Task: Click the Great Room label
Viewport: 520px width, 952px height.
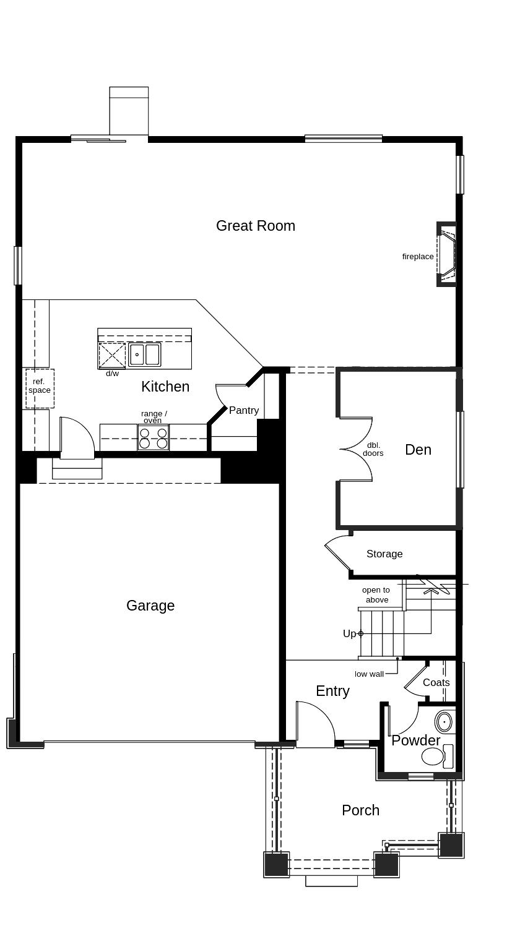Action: point(255,226)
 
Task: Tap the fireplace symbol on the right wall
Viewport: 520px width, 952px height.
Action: point(446,254)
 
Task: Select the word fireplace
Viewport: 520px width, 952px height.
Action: point(418,257)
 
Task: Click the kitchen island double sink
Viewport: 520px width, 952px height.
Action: point(144,355)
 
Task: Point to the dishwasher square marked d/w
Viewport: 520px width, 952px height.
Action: point(112,356)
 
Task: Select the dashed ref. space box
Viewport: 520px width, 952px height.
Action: point(40,388)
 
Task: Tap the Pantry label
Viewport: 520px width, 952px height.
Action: point(244,410)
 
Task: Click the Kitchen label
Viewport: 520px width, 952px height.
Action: point(165,387)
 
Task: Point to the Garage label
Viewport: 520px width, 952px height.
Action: point(150,606)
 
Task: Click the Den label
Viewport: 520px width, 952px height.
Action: point(418,450)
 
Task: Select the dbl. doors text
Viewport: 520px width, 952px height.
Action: point(373,449)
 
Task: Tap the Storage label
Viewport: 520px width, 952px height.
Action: point(384,554)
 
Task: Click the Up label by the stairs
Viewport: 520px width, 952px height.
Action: point(350,633)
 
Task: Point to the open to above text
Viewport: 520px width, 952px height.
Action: point(376,594)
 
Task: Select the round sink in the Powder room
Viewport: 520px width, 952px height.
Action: point(444,722)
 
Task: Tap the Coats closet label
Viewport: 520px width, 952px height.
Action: point(436,682)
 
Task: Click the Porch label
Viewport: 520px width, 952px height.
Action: point(360,810)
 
